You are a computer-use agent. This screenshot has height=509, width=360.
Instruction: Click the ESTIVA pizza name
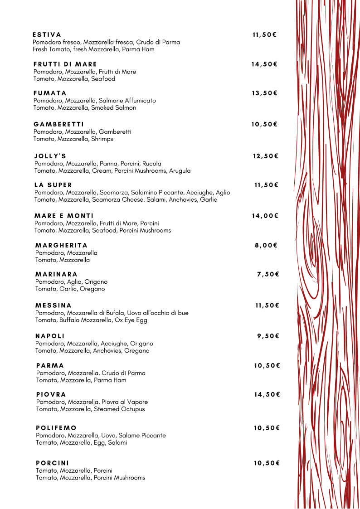point(47,34)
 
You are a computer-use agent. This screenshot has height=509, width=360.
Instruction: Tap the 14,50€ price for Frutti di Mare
point(264,64)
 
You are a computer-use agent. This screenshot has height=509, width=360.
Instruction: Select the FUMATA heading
point(50,93)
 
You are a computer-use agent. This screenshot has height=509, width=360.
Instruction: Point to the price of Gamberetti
point(264,124)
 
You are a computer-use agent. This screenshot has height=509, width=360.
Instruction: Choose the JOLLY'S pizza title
point(50,156)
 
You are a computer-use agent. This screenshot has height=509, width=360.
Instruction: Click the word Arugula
point(180,171)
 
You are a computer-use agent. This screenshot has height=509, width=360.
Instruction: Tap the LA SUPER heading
point(53,185)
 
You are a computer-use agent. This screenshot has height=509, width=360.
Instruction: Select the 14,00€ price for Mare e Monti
point(265,216)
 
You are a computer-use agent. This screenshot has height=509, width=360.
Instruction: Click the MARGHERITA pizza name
point(61,245)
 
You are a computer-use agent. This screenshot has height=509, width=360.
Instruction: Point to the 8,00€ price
point(266,245)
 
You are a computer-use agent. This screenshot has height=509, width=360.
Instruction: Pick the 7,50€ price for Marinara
point(268,274)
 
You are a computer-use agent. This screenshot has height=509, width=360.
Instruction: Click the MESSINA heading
point(54,305)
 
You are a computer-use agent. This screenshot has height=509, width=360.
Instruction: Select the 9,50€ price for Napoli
point(268,336)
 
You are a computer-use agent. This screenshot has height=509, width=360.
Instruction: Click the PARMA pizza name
point(50,365)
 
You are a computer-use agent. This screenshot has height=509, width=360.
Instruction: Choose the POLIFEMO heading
point(56,428)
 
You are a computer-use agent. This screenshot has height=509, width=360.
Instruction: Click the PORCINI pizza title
point(53,463)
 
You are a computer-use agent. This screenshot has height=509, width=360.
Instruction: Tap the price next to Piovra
point(267,394)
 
